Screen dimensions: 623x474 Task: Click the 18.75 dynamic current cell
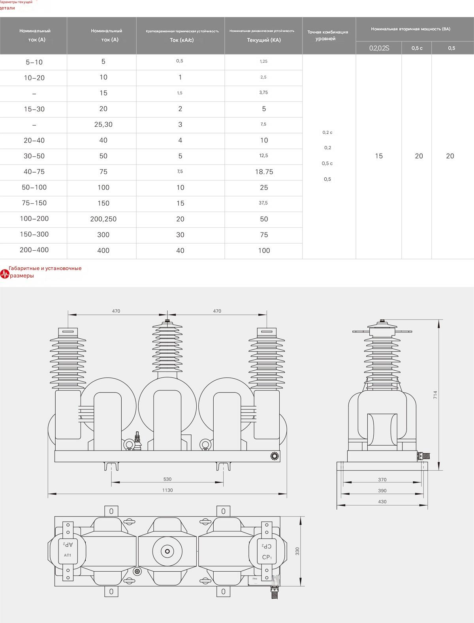[264, 172]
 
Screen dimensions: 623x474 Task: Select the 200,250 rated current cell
[103, 219]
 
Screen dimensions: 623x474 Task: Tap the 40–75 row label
[34, 172]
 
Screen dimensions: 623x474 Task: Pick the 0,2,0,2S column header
[379, 48]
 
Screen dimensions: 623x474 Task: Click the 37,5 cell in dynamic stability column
[263, 203]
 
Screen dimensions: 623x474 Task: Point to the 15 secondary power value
[378, 156]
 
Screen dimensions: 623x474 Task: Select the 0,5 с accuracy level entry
[327, 163]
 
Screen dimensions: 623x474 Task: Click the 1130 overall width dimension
[167, 490]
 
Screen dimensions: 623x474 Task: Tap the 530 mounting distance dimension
[167, 479]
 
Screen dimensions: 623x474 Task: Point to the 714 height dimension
[435, 395]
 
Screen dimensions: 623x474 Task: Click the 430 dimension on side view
[382, 501]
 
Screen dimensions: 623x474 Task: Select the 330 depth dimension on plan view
[297, 551]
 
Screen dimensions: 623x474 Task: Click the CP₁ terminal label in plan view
[267, 557]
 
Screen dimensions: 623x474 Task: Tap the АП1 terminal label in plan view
[68, 555]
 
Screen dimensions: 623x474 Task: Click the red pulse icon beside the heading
[4, 274]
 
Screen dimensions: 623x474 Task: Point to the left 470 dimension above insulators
[116, 311]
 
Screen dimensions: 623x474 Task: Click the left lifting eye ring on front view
[129, 445]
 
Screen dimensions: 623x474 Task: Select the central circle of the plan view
[167, 551]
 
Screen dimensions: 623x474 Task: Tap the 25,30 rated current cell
[103, 124]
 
